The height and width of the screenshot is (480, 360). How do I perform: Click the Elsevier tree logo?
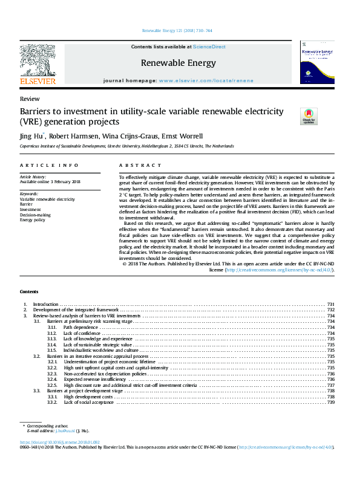tap(38, 60)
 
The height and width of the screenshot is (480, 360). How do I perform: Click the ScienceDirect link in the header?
tap(209, 47)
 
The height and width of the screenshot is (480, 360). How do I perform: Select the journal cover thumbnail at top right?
tap(316, 62)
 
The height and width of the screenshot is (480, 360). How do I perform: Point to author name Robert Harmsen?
tap(77, 135)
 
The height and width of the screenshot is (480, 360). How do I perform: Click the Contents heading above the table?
tap(29, 291)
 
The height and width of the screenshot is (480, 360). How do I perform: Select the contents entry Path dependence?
tap(80, 327)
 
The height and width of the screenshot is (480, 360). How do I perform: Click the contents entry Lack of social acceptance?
tap(88, 402)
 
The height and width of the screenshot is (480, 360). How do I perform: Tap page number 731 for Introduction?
tap(330, 304)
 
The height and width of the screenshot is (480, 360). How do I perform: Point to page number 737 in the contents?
tap(330, 385)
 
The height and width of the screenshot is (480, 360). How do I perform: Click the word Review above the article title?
tap(30, 99)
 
